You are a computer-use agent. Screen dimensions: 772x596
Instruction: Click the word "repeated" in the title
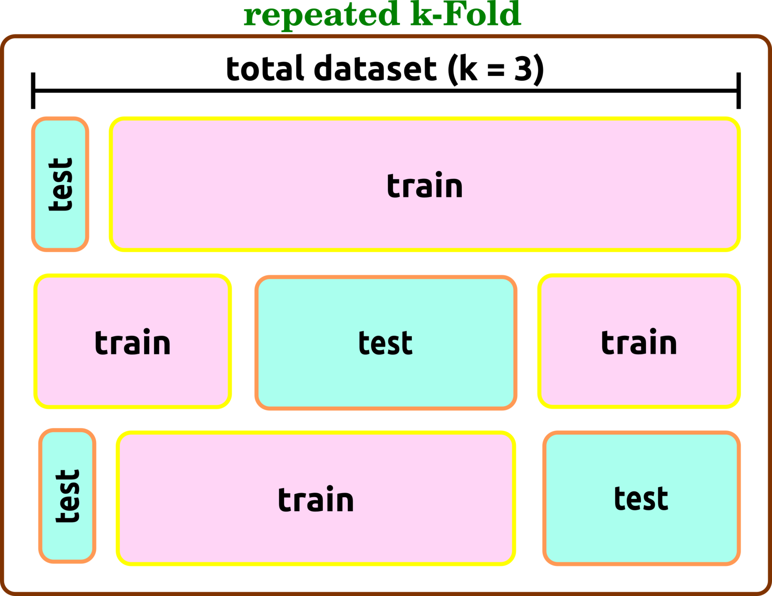coord(321,15)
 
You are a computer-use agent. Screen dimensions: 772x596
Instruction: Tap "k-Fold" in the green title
coord(466,14)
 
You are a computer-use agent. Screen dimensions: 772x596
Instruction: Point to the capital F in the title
coord(455,13)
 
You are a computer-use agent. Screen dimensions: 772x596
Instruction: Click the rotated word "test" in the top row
coord(61,185)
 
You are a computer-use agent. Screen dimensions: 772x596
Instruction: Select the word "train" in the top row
coord(425,185)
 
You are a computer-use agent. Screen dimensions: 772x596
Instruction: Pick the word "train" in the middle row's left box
coord(133,343)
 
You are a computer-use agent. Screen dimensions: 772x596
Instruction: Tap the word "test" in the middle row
coord(385,343)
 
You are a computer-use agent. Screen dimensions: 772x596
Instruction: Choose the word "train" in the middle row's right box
coord(639,343)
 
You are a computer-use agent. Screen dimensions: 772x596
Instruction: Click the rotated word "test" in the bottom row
coord(68,496)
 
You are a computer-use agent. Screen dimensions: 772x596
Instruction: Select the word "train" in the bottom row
coord(316,500)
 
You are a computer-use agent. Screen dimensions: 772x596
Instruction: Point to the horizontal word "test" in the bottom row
coord(641,499)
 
